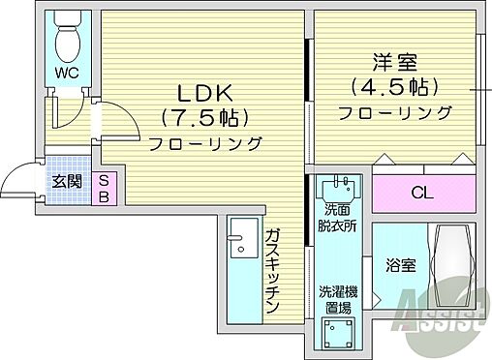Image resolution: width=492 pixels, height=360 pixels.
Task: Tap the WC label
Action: click(x=67, y=74)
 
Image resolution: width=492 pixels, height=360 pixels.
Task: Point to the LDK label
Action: click(x=204, y=93)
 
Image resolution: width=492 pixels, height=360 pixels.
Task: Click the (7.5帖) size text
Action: click(x=204, y=118)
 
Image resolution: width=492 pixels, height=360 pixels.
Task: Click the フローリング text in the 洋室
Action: click(x=395, y=112)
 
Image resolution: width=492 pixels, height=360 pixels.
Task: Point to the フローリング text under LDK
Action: click(x=205, y=144)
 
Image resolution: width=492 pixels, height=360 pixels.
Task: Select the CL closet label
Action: click(x=422, y=192)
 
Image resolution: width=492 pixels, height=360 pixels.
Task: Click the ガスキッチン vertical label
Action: click(x=273, y=272)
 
